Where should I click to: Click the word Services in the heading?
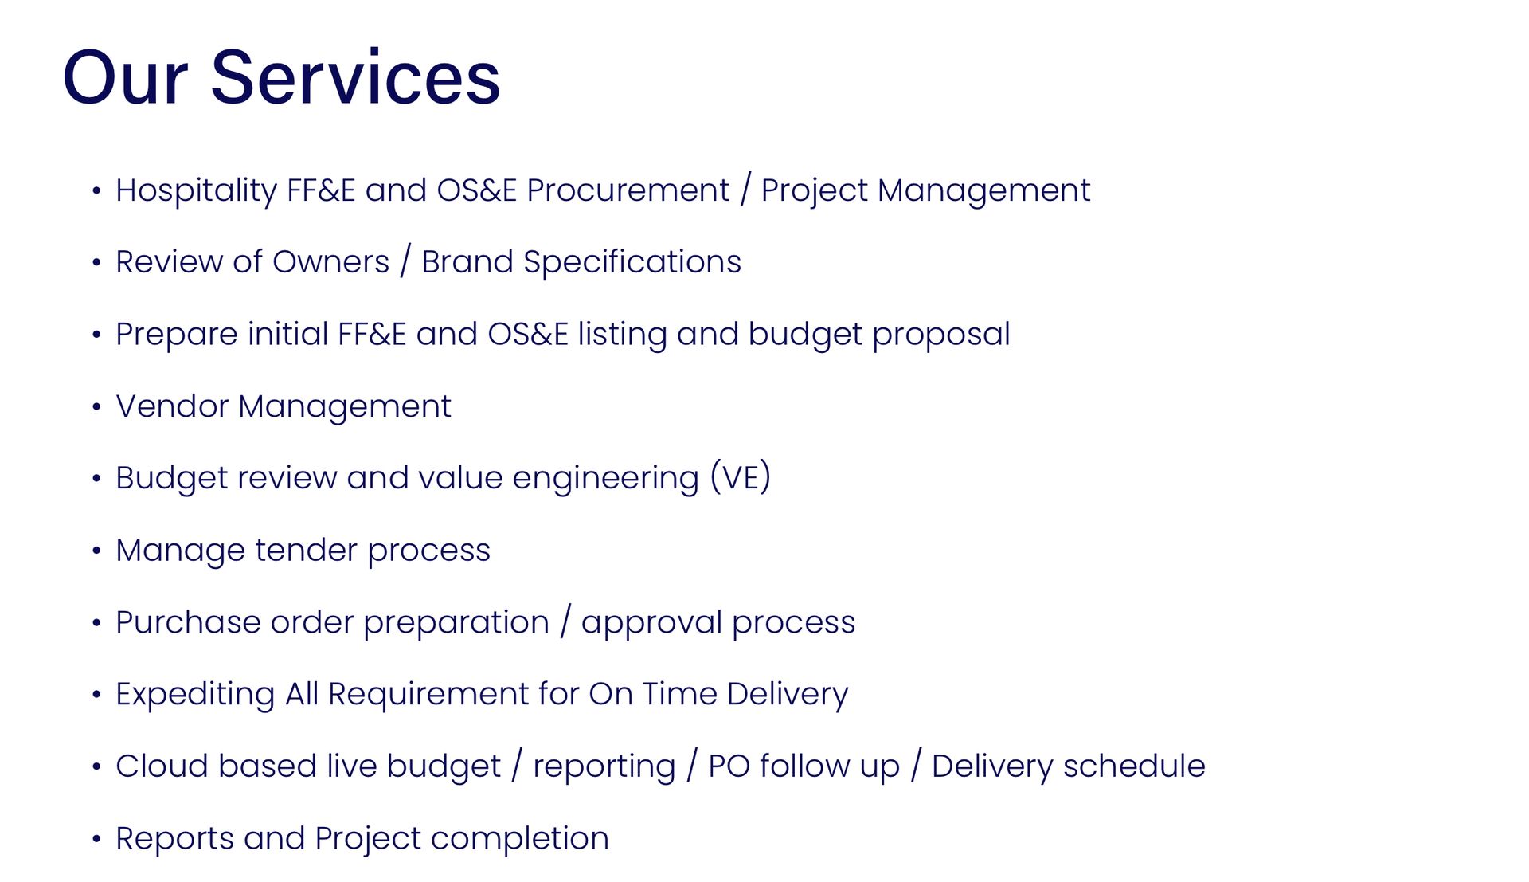(355, 77)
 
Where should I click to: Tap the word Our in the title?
(125, 77)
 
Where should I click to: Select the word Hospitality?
(196, 191)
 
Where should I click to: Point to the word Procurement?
(628, 190)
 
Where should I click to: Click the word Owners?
(331, 262)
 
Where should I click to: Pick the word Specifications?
(632, 262)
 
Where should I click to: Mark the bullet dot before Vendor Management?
(96, 407)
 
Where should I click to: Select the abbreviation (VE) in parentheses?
(741, 477)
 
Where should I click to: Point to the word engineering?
(605, 479)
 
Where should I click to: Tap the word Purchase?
(188, 622)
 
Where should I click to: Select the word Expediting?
(195, 695)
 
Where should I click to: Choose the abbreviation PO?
(729, 766)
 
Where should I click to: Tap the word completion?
(520, 839)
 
